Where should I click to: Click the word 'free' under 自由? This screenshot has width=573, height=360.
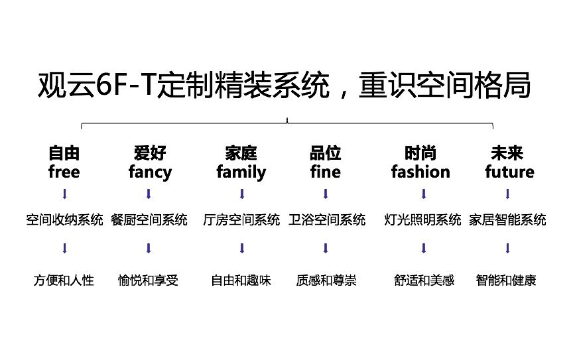pos(64,172)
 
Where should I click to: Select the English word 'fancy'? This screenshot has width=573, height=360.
pos(150,173)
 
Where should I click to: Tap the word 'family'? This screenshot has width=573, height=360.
pos(241,173)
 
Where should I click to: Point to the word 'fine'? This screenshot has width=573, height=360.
pos(325,172)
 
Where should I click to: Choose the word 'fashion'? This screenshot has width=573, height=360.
pos(420,172)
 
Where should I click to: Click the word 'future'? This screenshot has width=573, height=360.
pos(509,172)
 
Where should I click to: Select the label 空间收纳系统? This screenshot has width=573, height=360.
pos(65,220)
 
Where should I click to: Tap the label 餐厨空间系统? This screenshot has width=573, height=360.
pos(149,220)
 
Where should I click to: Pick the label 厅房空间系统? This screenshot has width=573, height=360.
pos(241,220)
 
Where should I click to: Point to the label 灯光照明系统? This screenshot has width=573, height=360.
pos(422,220)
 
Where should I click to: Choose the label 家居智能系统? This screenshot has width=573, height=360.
pos(507,220)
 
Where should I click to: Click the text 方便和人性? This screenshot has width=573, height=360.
pos(64,280)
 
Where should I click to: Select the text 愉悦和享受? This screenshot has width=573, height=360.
pos(149,280)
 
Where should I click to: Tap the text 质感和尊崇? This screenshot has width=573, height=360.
pos(326,280)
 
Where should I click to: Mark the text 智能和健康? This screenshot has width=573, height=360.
pos(506,280)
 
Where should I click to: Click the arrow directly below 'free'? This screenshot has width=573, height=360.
pos(65,194)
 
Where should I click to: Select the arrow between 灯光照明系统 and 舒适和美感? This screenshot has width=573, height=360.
pos(423,249)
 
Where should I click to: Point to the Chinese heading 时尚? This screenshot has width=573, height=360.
pos(420,154)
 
